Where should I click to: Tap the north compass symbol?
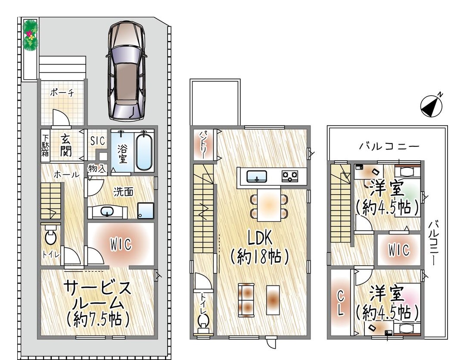pyautogui.click(x=432, y=106)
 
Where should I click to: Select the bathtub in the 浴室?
pyautogui.click(x=144, y=151)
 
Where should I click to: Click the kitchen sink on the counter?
pyautogui.click(x=257, y=177)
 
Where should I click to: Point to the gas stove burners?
pyautogui.click(x=290, y=176)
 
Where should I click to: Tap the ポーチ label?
pyautogui.click(x=62, y=93)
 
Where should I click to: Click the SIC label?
pyautogui.click(x=97, y=141)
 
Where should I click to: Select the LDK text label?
pyautogui.click(x=260, y=239)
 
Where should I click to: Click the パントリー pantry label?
pyautogui.click(x=203, y=145)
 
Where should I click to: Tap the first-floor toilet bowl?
pyautogui.click(x=51, y=236)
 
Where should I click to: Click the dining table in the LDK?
pyautogui.click(x=269, y=205)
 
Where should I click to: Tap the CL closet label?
pyautogui.click(x=340, y=304)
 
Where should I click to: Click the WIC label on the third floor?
pyautogui.click(x=399, y=250)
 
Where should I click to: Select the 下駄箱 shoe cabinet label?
pyautogui.click(x=45, y=145)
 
